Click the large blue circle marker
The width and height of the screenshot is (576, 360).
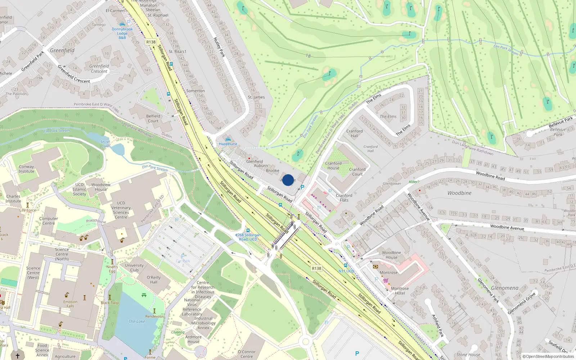click(x=288, y=180)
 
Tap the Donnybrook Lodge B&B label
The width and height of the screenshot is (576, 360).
click(x=122, y=33)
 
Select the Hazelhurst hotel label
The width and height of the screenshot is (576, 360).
click(x=228, y=144)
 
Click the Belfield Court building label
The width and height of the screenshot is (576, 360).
click(x=153, y=118)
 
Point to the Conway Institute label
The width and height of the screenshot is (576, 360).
click(x=26, y=169)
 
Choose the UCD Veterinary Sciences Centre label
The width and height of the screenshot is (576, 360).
click(x=121, y=210)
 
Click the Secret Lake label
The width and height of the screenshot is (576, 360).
click(x=105, y=144)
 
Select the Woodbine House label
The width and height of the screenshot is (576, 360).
click(x=391, y=255)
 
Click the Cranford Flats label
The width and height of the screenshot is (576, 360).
click(x=344, y=198)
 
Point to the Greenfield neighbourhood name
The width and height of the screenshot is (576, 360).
click(x=62, y=50)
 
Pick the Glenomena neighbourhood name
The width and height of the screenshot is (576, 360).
click(x=505, y=288)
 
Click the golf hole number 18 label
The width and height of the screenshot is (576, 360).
click(x=308, y=56)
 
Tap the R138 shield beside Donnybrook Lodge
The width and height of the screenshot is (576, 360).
click(x=151, y=42)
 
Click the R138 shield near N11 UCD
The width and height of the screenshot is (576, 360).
click(x=316, y=269)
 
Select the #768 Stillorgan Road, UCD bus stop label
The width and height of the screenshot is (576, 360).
click(x=248, y=237)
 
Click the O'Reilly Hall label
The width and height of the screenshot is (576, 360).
click(x=154, y=280)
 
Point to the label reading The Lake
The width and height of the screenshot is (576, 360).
click(x=137, y=321)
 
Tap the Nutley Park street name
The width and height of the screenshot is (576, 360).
click(x=219, y=47)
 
